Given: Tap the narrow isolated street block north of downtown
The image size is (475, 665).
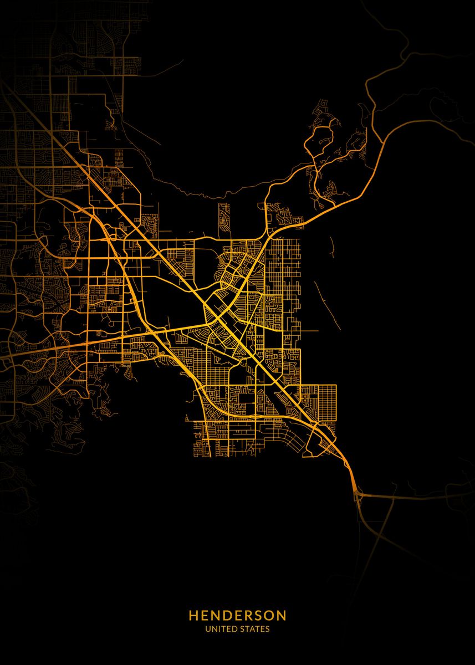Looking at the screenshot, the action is click(223, 218).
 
